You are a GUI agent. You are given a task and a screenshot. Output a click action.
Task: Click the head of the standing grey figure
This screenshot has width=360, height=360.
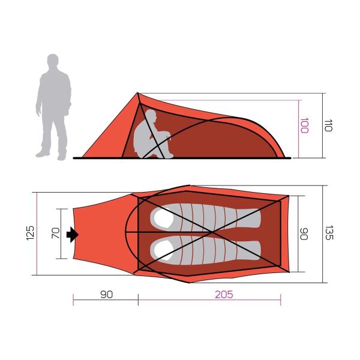click(53, 63)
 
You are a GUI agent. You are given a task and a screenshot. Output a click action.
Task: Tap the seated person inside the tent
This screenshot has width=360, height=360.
click(150, 136)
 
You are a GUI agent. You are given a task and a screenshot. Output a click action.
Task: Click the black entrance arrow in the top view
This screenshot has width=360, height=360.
click(73, 235)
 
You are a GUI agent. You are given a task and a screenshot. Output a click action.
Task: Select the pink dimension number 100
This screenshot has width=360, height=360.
click(304, 125)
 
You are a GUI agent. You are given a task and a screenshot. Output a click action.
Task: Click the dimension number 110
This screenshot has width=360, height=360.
click(328, 125)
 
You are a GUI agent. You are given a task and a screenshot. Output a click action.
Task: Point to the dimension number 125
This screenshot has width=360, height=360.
click(31, 233)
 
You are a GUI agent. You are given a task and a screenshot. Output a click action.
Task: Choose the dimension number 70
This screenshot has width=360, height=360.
click(55, 233)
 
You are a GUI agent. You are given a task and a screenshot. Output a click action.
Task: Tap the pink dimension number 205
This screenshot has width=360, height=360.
click(223, 295)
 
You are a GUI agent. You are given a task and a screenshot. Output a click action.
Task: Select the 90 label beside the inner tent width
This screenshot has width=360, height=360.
click(304, 233)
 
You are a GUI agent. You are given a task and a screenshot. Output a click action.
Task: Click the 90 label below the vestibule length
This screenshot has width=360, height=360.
click(106, 295)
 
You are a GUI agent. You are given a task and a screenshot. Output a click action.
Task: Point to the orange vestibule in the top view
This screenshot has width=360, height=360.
click(99, 234)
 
